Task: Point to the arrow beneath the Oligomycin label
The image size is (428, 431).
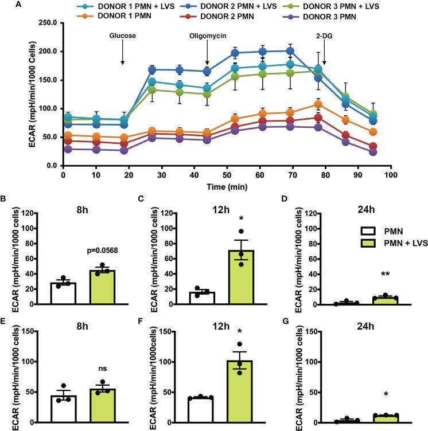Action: pyautogui.click(x=207, y=54)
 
